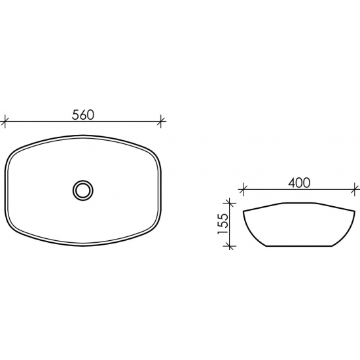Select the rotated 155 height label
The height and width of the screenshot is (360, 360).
tap(223, 223)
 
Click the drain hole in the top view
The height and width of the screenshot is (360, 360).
tap(83, 190)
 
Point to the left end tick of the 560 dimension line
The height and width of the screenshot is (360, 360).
tap(5, 120)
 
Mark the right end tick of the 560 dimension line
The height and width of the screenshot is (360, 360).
tap(161, 120)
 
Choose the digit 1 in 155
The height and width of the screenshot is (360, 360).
tap(223, 234)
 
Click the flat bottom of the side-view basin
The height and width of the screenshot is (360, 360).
tap(298, 246)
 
